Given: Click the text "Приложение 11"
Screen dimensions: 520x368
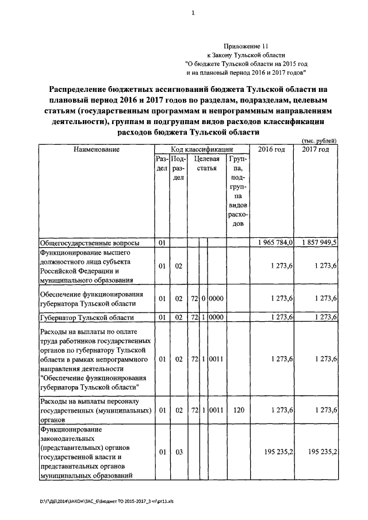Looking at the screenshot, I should (x=246, y=45).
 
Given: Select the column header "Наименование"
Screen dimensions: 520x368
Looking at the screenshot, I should (x=96, y=149).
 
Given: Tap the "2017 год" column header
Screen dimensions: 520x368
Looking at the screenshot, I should (x=316, y=149).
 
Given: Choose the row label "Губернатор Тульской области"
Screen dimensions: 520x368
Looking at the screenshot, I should (x=86, y=317).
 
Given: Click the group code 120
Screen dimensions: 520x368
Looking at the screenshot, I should (x=237, y=411).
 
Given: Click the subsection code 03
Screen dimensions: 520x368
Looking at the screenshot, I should (x=178, y=452).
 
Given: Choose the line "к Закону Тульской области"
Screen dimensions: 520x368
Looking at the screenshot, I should (x=246, y=55).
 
